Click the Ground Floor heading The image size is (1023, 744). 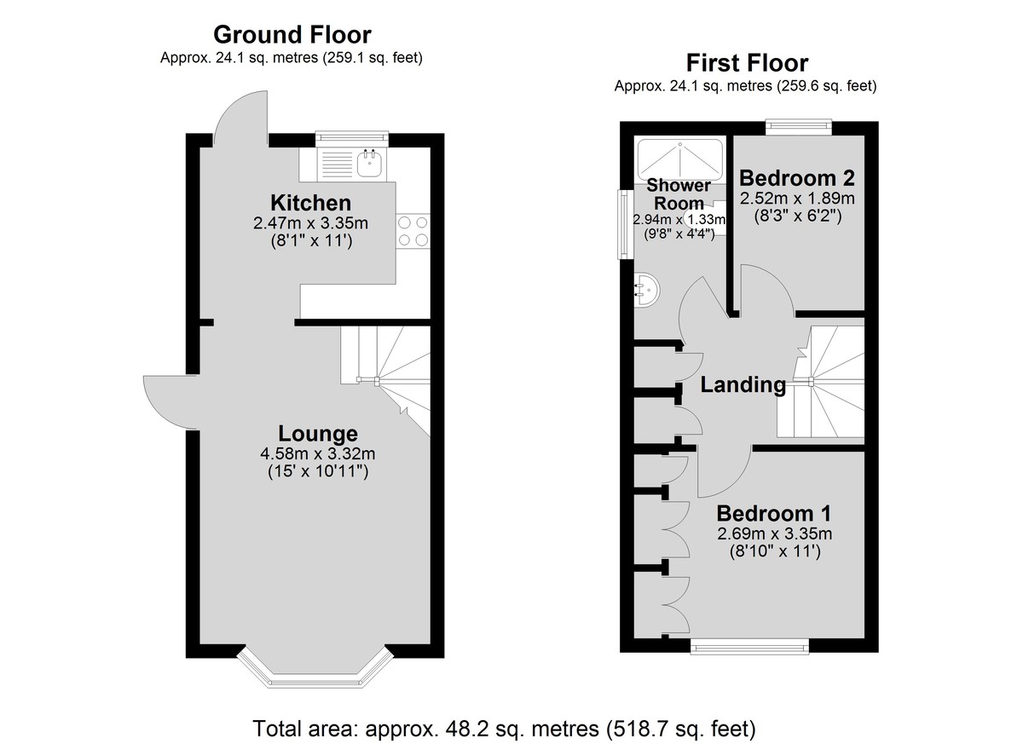[x=292, y=35]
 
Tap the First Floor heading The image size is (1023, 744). [x=747, y=63]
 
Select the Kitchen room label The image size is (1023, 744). [x=310, y=203]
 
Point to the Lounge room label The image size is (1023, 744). [x=318, y=434]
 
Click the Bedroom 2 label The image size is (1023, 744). [x=797, y=178]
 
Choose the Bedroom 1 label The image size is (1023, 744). [x=774, y=514]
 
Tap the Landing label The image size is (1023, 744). [x=743, y=384]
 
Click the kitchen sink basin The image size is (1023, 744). [x=371, y=164]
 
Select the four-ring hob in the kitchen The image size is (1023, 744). [x=413, y=232]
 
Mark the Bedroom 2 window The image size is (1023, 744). [x=798, y=127]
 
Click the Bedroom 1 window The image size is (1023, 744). [x=749, y=646]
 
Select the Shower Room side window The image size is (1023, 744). [x=625, y=224]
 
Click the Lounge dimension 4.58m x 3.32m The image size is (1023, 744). [x=318, y=453]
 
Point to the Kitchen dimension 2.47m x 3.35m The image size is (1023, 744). [x=310, y=223]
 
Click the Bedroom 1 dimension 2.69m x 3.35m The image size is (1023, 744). [x=775, y=533]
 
